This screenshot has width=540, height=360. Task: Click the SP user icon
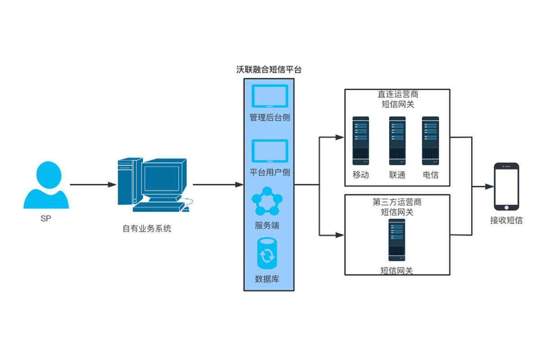point(46,185)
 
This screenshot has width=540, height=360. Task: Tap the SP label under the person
point(46,219)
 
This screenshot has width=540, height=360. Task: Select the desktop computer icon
point(153,184)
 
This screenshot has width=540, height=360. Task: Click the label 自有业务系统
point(147,229)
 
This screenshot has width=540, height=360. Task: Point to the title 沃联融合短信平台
point(269,70)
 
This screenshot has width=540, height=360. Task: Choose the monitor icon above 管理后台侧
point(270,96)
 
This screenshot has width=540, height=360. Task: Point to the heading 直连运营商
point(398,95)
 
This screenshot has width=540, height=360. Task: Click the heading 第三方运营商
point(397,202)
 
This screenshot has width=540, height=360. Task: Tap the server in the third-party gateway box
point(397,240)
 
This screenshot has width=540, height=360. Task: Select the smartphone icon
point(506,186)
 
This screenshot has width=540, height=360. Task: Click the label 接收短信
point(506,220)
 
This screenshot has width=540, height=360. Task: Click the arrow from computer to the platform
point(218,184)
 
